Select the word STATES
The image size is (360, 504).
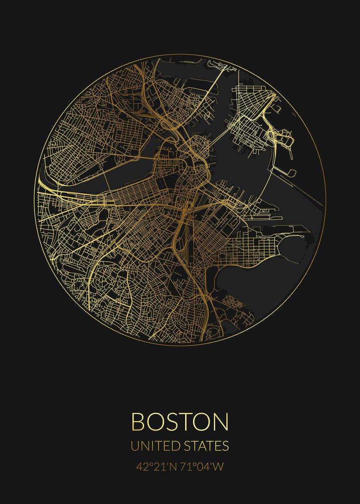[206, 446]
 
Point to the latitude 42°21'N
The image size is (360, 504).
[155, 467]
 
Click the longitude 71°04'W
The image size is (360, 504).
[204, 467]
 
